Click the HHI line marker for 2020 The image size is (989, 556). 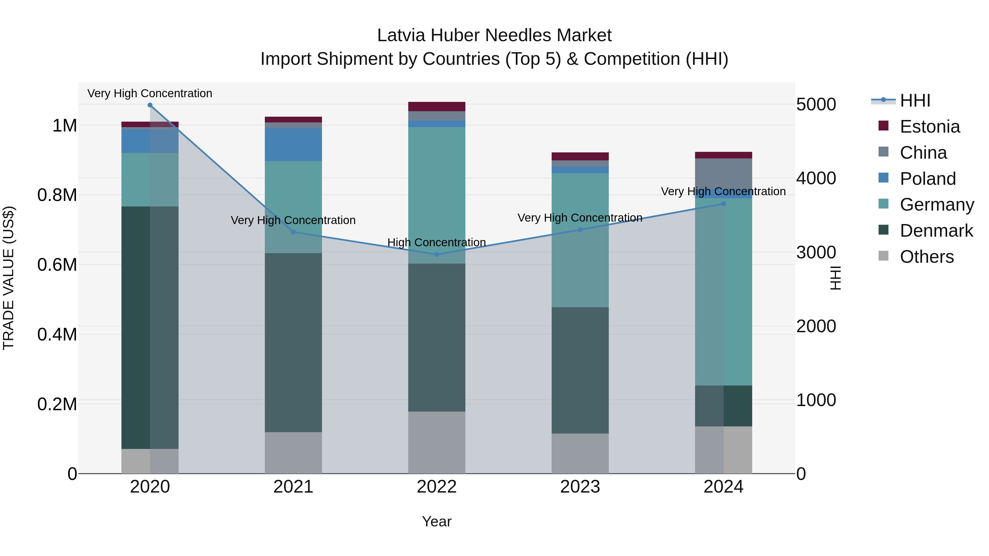click(150, 105)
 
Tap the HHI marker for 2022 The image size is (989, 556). click(437, 255)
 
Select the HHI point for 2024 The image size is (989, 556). click(723, 204)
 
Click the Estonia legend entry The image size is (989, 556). click(929, 127)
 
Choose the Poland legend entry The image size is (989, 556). click(927, 179)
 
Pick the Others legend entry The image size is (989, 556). click(926, 257)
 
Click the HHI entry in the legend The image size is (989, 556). click(915, 100)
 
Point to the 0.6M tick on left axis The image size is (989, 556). click(57, 265)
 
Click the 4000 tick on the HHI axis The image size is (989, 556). click(816, 178)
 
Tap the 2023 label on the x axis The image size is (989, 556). click(580, 487)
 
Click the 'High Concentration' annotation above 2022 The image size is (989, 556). click(437, 242)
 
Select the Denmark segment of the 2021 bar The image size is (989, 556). click(293, 342)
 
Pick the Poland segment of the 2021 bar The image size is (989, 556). click(293, 145)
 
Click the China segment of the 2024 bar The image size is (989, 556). click(723, 173)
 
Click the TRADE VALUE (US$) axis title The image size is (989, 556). click(9, 278)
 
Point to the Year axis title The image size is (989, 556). click(437, 521)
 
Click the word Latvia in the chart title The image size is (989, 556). click(401, 35)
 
